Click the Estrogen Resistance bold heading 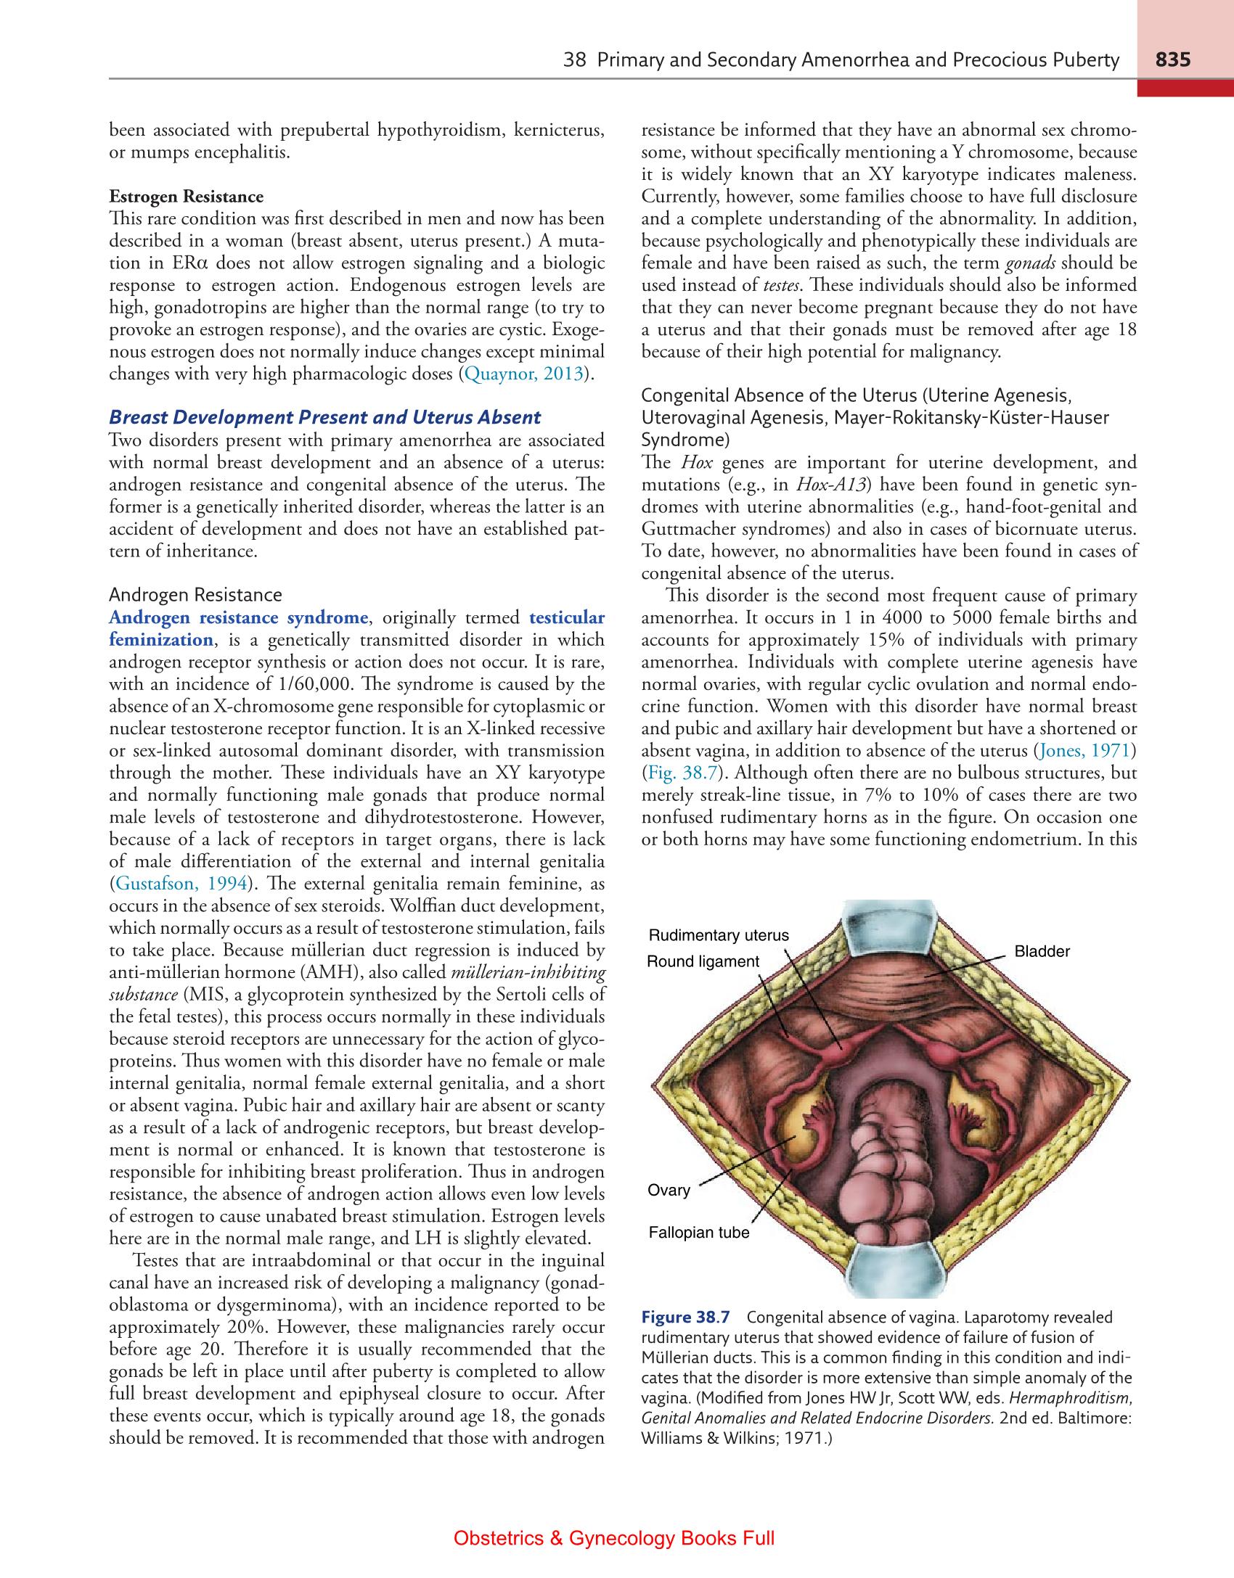pos(186,197)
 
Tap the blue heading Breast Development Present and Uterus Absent pos(324,417)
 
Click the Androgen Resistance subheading pos(195,595)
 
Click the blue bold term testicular pos(567,617)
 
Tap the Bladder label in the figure pos(1042,951)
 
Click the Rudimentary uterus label pos(718,935)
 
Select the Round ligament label pos(702,961)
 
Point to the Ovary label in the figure pos(669,1191)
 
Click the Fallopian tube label pos(698,1233)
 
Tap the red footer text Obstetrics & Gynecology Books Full pos(614,1537)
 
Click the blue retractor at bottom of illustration pos(899,1272)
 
